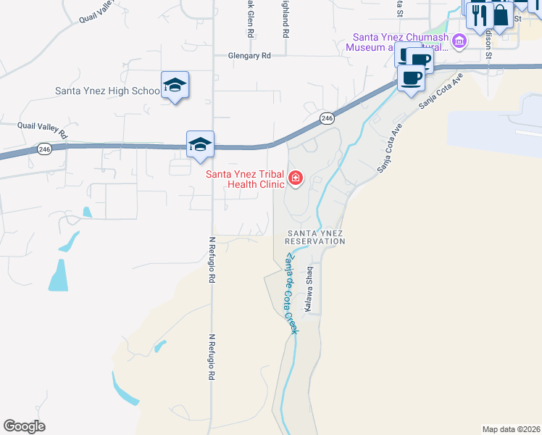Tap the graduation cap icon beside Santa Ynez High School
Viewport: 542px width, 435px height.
click(x=175, y=86)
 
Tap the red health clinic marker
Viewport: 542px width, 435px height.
click(x=296, y=178)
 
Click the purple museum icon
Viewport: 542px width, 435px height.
click(x=458, y=41)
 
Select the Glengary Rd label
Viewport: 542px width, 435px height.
click(x=249, y=55)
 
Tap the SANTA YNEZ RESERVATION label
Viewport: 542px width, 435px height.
click(x=314, y=237)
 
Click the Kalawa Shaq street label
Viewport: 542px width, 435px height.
click(x=309, y=289)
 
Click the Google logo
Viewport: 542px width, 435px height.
click(x=24, y=426)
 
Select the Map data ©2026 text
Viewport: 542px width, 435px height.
click(x=512, y=428)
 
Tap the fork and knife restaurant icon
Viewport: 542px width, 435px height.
click(x=479, y=14)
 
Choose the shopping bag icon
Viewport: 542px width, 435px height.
click(x=500, y=14)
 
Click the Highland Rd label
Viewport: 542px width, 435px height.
click(x=286, y=20)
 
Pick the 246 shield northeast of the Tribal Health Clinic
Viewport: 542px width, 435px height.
click(x=327, y=118)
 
